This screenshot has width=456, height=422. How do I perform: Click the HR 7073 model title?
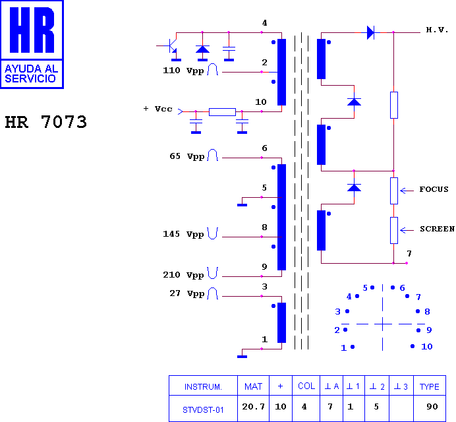click(x=46, y=121)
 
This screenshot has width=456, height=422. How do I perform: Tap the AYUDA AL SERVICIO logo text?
click(x=32, y=74)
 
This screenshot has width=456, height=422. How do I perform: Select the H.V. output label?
click(x=437, y=30)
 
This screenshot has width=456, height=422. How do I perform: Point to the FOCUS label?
click(x=434, y=189)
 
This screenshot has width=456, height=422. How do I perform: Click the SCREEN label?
click(x=437, y=229)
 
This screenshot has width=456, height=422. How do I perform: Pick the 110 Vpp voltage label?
click(x=183, y=71)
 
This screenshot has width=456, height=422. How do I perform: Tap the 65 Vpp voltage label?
click(x=187, y=156)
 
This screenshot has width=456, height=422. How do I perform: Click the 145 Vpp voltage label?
click(x=183, y=234)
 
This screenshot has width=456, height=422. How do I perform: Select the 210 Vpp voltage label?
click(x=183, y=275)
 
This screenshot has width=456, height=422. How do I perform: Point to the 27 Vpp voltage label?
click(x=187, y=293)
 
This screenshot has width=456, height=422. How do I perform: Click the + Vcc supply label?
click(x=158, y=109)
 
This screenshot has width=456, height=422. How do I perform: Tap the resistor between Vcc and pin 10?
click(x=222, y=111)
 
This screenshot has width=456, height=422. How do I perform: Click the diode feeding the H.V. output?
click(x=370, y=32)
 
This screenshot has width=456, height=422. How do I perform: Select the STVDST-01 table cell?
click(x=203, y=409)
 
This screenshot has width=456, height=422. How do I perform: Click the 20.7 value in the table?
click(x=253, y=406)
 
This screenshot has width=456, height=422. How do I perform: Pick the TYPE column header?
click(x=429, y=386)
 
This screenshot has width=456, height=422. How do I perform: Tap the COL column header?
click(x=306, y=386)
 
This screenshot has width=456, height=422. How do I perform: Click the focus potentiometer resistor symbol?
click(x=394, y=191)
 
